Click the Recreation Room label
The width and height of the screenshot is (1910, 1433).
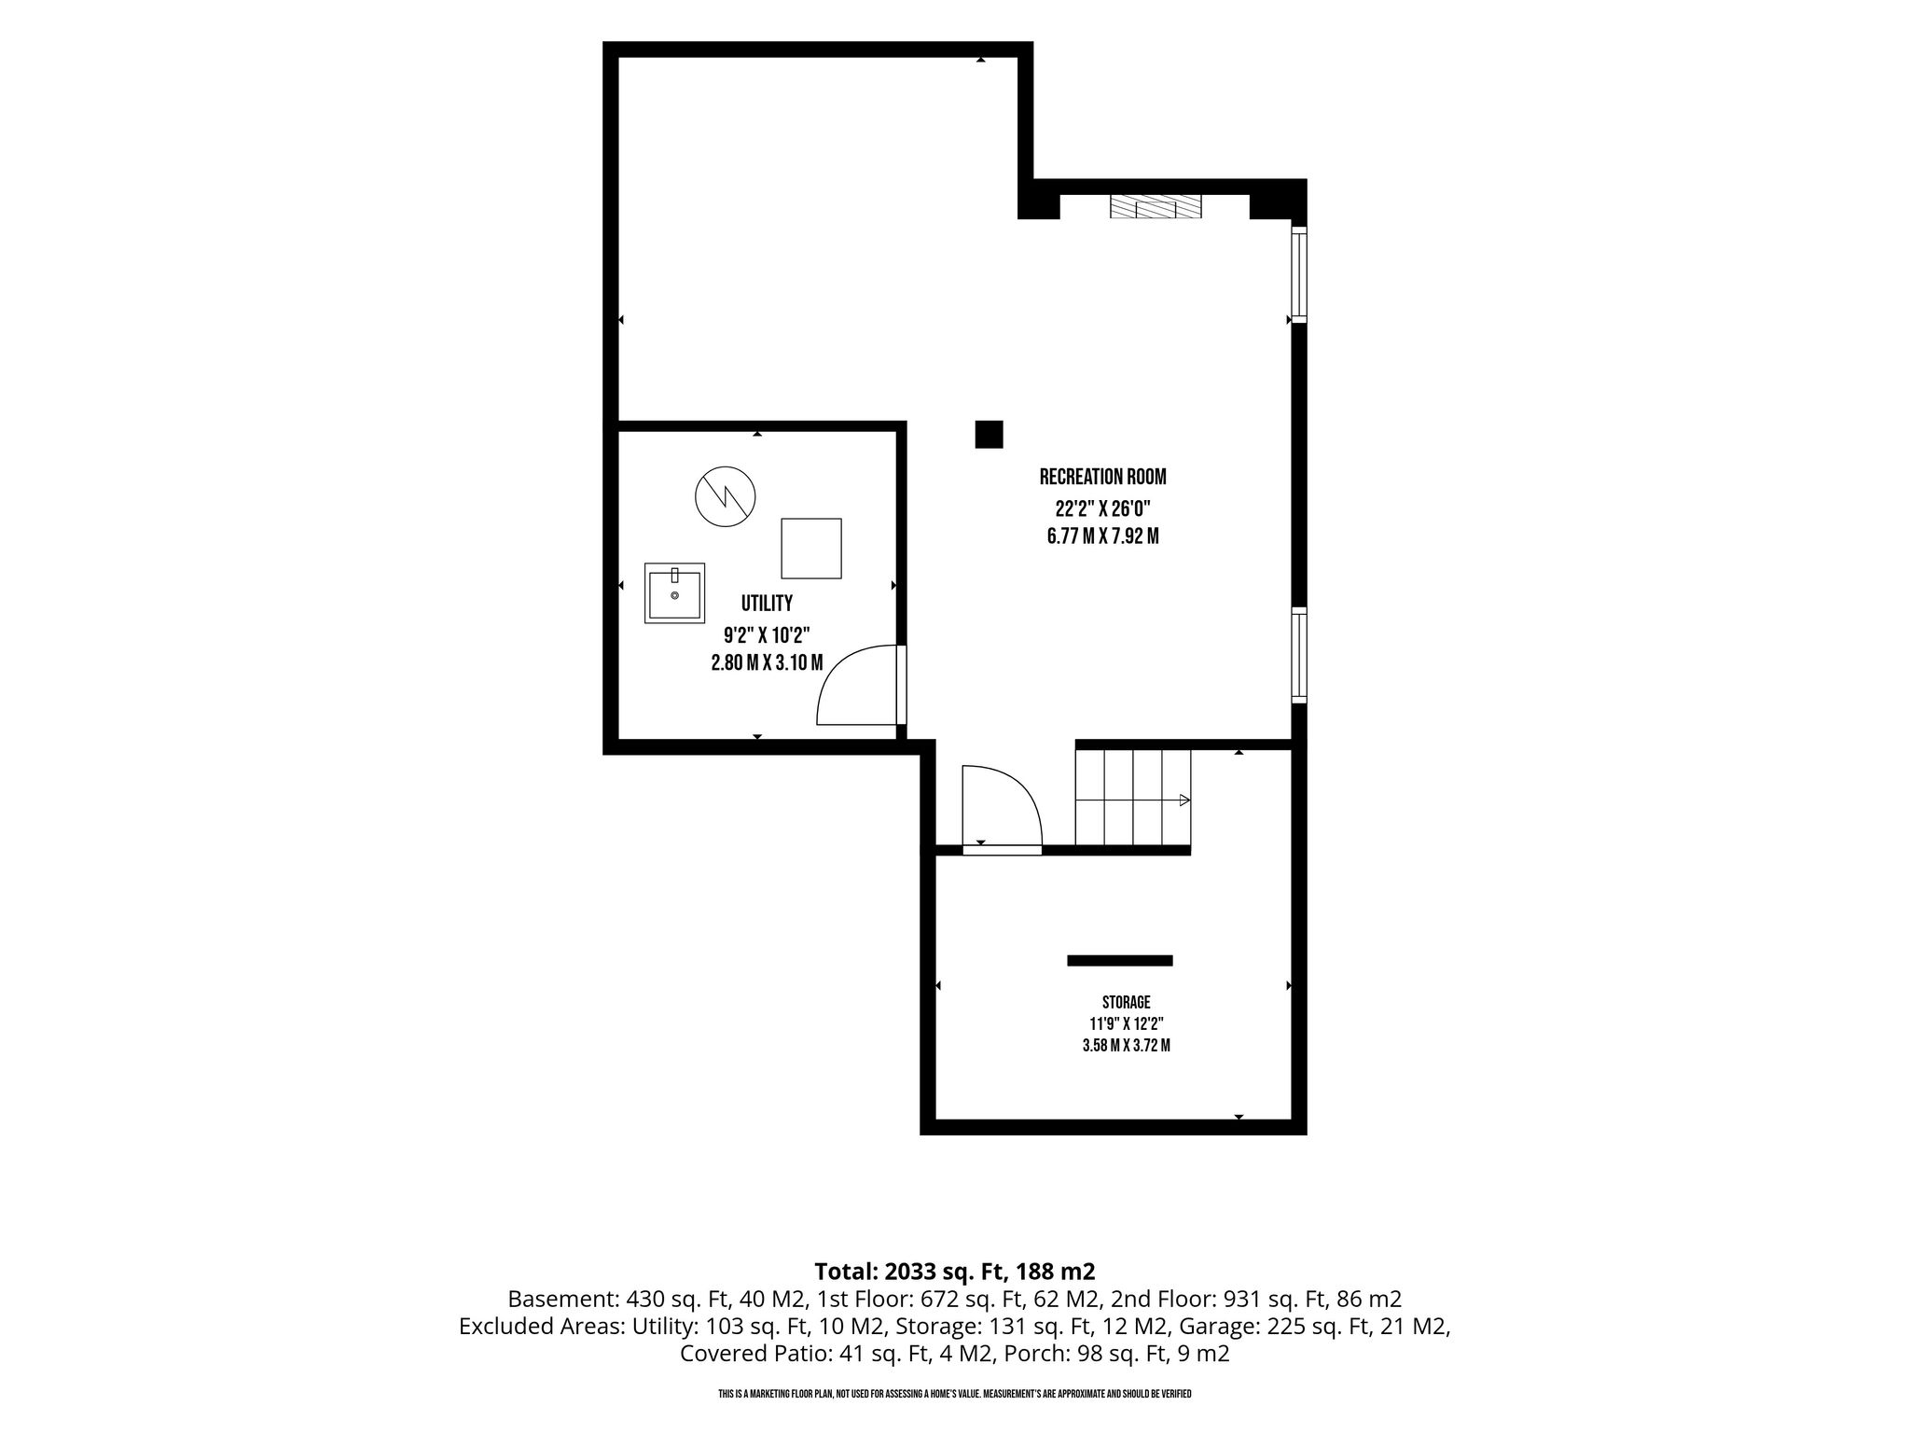coord(1102,477)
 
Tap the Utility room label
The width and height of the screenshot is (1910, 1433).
coord(767,603)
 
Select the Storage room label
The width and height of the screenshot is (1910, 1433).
coord(1126,1002)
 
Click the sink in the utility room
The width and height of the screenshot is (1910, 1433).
coord(674,593)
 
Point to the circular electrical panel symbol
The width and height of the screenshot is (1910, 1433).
coord(725,496)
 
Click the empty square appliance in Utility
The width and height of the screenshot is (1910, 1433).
coord(811,549)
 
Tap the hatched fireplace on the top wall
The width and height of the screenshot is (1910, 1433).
coord(1156,206)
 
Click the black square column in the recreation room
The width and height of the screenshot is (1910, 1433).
coord(989,435)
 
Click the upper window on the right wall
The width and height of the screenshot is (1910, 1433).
coord(1299,273)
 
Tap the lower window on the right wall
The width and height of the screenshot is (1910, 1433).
coord(1299,654)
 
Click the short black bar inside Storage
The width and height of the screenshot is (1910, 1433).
coord(1120,960)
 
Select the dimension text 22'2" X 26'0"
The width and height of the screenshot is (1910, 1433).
coord(1103,509)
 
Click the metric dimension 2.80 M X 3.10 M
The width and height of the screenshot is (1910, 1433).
coord(767,663)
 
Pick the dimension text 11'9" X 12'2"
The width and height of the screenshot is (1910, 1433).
coord(1126,1023)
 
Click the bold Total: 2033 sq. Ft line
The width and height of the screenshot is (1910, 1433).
coord(954,1271)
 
